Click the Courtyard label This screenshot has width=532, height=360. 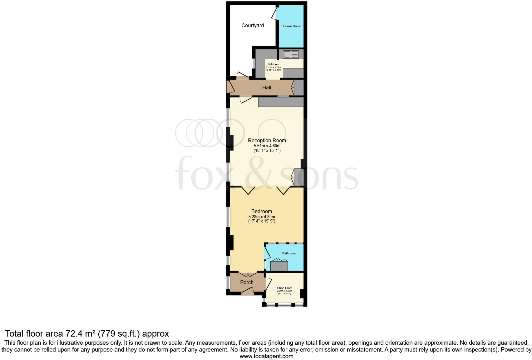pos(253,26)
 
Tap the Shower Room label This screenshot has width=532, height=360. pos(291,26)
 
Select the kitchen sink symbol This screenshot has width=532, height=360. pos(291,55)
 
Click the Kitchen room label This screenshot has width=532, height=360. pos(273,64)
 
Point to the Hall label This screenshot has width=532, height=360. pos(267,88)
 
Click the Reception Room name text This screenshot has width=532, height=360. pos(267,141)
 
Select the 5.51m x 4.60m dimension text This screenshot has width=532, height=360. pos(267,146)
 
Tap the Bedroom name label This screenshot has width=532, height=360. pos(261,212)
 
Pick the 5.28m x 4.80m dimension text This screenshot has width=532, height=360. pos(262,217)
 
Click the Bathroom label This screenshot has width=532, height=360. pos(288,253)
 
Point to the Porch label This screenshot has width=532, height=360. pos(247,282)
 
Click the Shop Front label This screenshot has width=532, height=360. pos(284,288)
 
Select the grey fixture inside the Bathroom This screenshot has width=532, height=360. pos(279,266)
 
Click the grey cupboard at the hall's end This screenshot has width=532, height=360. pos(299,87)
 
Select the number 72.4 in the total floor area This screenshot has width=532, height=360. pos(75,334)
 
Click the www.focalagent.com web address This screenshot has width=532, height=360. pos(266,356)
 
